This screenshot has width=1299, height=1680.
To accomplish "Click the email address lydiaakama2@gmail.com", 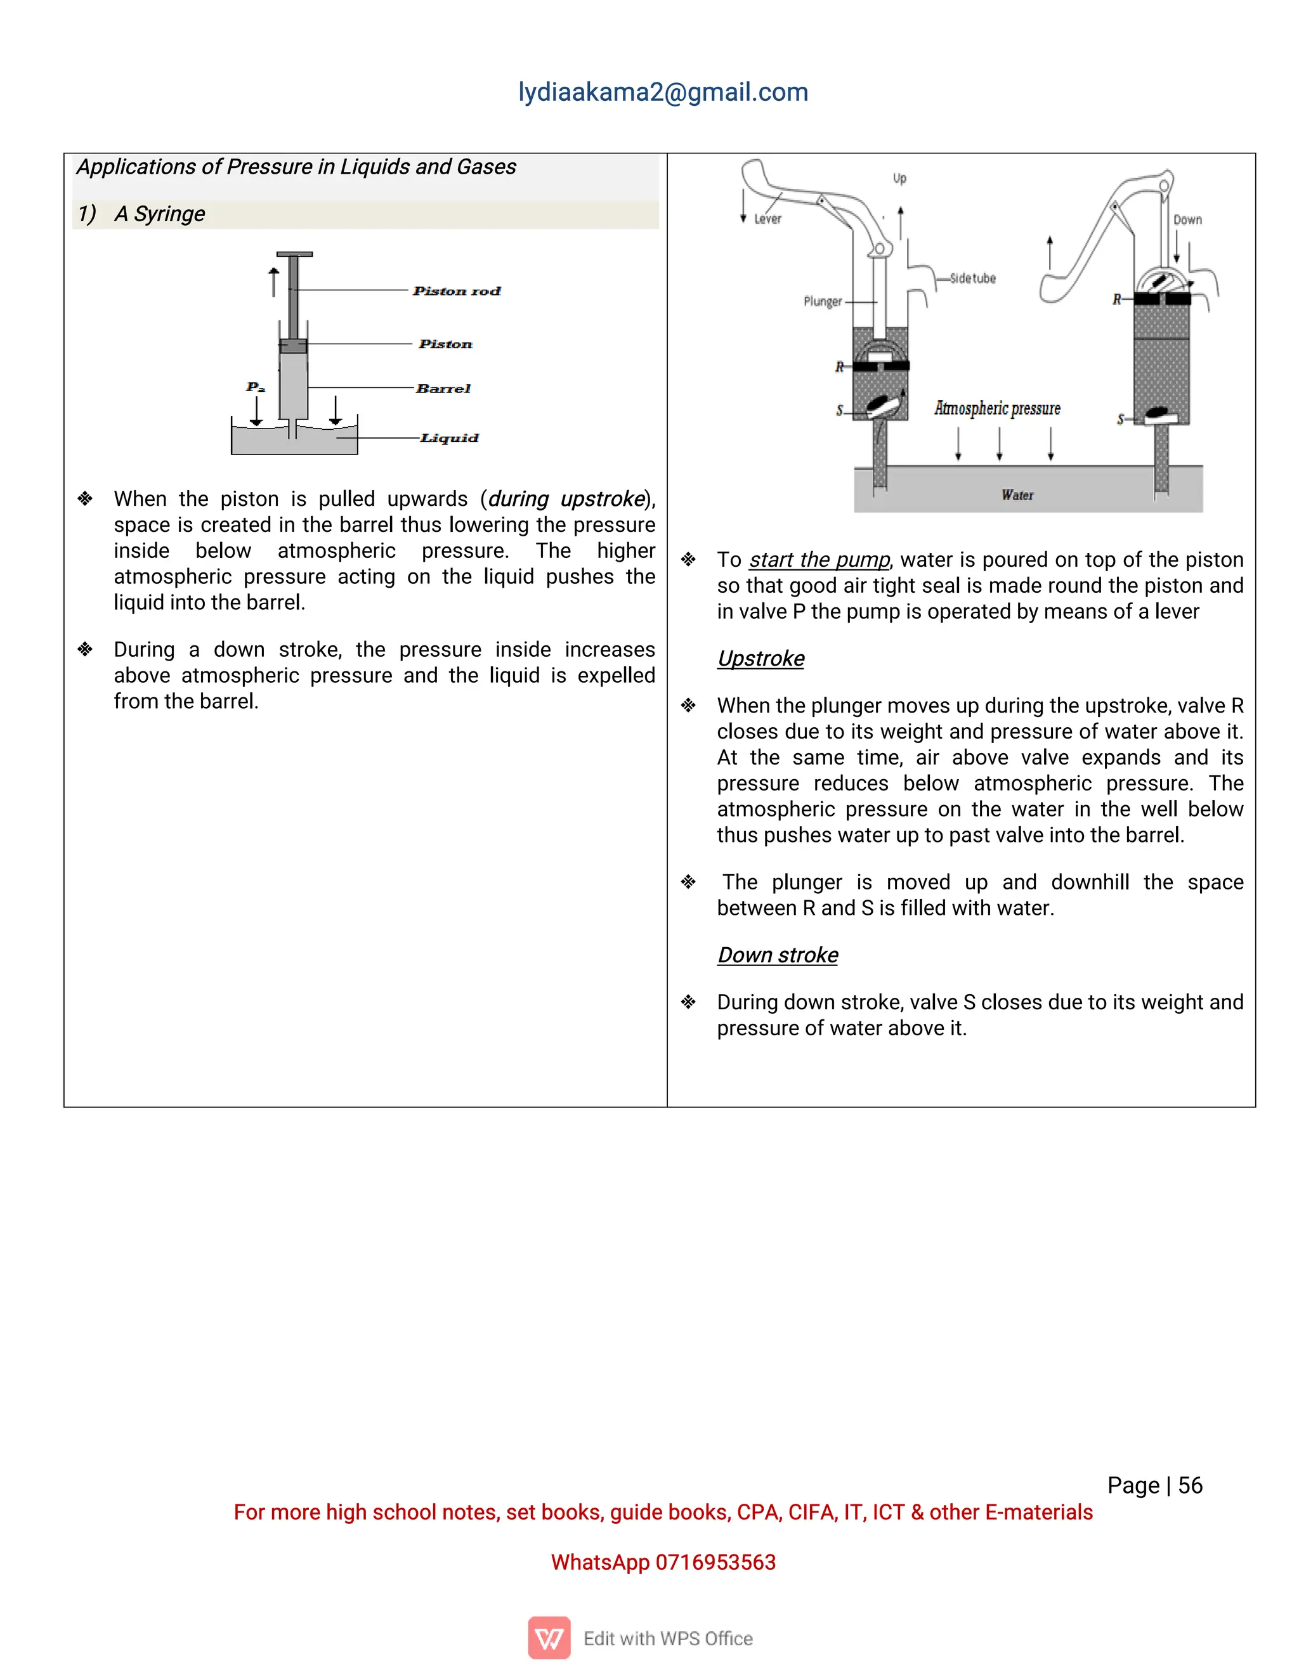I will coord(663,93).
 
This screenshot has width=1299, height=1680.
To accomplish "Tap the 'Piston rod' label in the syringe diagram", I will coord(456,291).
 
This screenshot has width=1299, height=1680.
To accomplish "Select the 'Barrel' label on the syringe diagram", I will coord(443,389).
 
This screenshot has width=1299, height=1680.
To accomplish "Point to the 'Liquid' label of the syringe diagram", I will coord(450,437).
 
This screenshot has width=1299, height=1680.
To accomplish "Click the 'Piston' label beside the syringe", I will coord(445,344).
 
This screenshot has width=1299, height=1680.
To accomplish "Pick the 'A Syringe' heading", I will coord(159,214).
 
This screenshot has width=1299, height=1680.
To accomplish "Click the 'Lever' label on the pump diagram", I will coord(767,219).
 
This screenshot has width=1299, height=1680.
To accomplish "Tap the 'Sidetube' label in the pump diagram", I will coord(973,278).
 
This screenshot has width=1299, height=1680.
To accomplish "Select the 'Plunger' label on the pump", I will coord(823,302).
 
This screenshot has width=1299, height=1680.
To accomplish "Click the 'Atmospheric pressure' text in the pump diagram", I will coord(997,408).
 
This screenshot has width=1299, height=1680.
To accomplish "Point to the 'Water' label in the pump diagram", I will coord(1017,495).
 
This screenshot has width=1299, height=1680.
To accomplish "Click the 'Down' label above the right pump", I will coord(1187,220).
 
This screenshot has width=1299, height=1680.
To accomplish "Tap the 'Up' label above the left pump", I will coord(899,179).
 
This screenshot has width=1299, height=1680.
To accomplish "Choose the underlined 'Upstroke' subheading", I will coord(760,659).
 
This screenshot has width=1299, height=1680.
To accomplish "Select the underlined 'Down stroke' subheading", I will coord(777,955).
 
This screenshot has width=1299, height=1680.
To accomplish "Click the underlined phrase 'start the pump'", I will coord(819,559).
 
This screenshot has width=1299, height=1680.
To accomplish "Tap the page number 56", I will coord(1190,1485).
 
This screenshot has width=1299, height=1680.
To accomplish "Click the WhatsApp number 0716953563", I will coord(715,1562).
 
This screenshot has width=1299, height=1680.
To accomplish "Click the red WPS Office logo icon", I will coord(549,1638).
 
